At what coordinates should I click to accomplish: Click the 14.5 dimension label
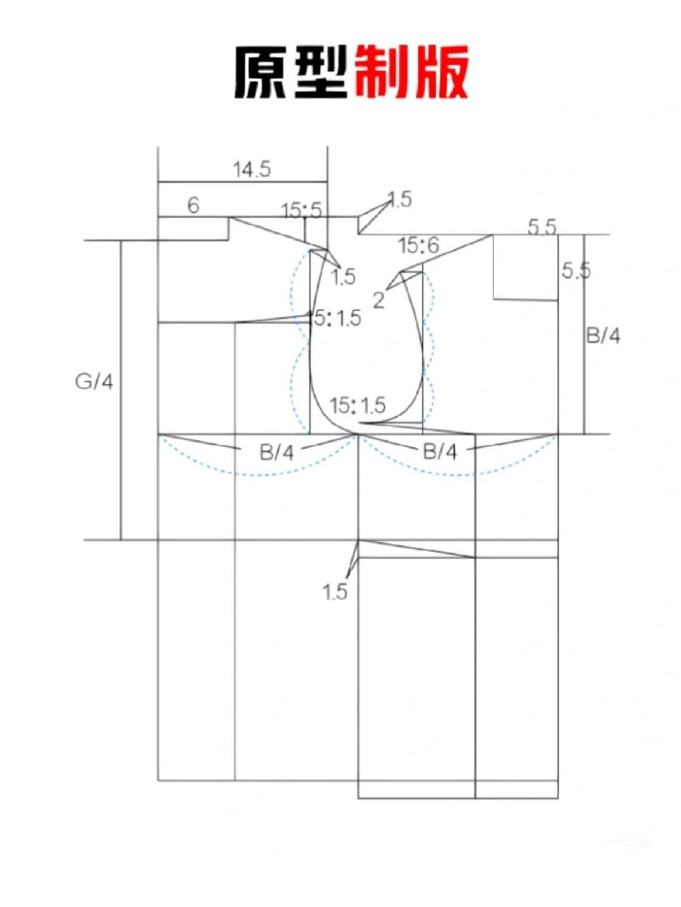(x=252, y=169)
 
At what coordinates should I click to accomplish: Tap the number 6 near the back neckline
(x=193, y=205)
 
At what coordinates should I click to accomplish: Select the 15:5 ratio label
(x=301, y=211)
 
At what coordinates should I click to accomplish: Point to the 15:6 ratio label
(x=419, y=245)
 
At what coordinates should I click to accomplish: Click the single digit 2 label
(x=378, y=300)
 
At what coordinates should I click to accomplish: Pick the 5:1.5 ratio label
(x=337, y=318)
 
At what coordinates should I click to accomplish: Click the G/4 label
(x=94, y=383)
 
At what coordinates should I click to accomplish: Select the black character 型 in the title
(x=321, y=72)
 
